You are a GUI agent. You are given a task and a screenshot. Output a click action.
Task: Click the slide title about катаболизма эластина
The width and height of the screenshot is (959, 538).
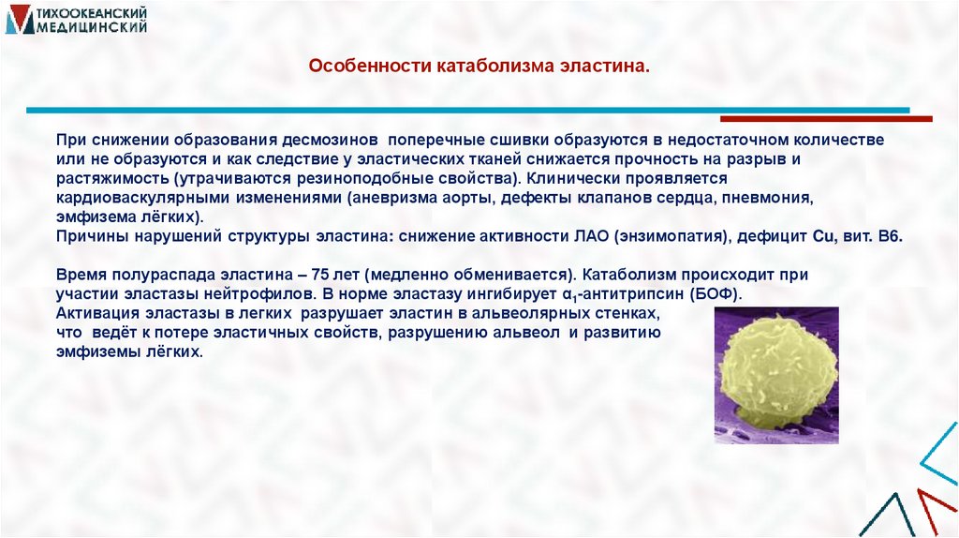pos(479,67)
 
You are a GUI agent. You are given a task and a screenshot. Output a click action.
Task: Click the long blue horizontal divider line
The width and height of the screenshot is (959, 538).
pos(467,111)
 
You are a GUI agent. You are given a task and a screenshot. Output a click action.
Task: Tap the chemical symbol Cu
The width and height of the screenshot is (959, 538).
pos(823,236)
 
